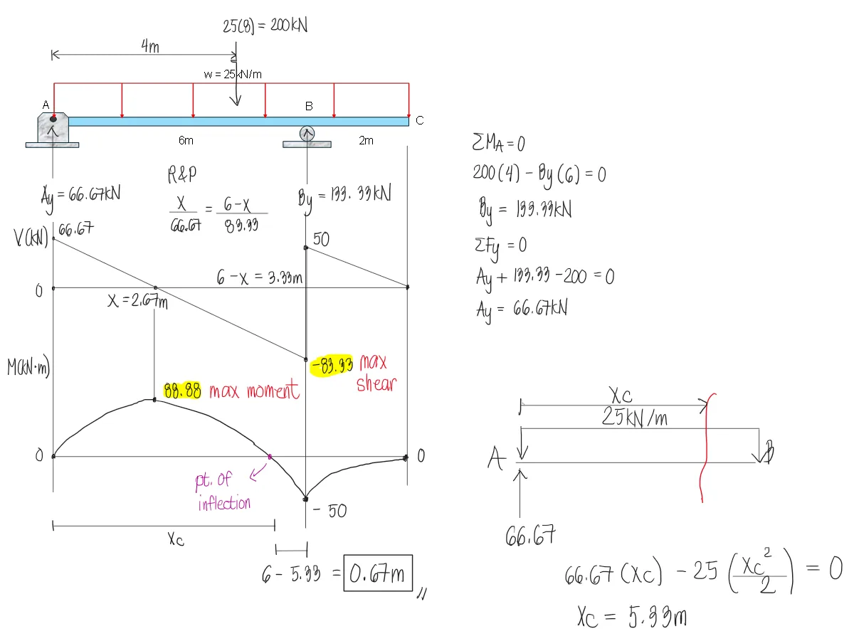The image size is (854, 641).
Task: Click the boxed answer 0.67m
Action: [378, 573]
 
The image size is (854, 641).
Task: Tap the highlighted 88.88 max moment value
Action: [183, 391]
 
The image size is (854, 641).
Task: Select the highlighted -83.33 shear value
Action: [332, 366]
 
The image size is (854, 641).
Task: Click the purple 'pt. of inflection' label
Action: [223, 492]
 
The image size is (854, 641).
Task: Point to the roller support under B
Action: [307, 134]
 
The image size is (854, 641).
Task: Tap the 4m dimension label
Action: [149, 46]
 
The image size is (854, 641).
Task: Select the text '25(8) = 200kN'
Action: [265, 26]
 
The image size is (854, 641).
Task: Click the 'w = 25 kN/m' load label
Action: [234, 74]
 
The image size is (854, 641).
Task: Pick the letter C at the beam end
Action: [419, 121]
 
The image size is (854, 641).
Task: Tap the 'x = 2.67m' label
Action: [137, 302]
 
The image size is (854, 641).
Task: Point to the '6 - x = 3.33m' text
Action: [260, 277]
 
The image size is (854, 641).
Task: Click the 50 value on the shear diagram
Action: [321, 239]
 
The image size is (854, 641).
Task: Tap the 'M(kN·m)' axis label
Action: [28, 369]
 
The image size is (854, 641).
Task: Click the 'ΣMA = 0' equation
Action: [498, 144]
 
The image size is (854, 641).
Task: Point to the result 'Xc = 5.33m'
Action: [631, 617]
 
